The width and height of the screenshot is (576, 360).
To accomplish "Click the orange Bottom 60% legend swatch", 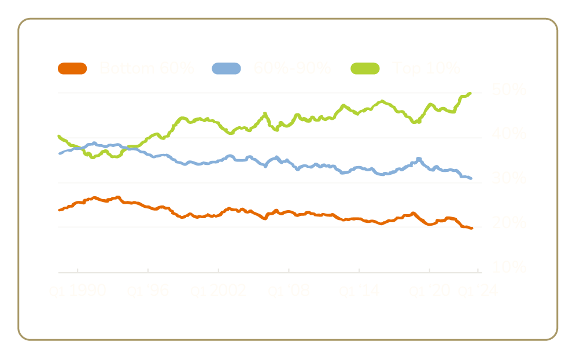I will pyautogui.click(x=72, y=69).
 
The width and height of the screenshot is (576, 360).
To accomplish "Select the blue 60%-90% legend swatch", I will pyautogui.click(x=226, y=69).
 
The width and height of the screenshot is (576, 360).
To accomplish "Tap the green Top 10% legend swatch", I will pyautogui.click(x=365, y=69).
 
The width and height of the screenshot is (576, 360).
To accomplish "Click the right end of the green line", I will pyautogui.click(x=472, y=93).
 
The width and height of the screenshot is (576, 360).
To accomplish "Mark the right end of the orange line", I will pyautogui.click(x=472, y=229).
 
